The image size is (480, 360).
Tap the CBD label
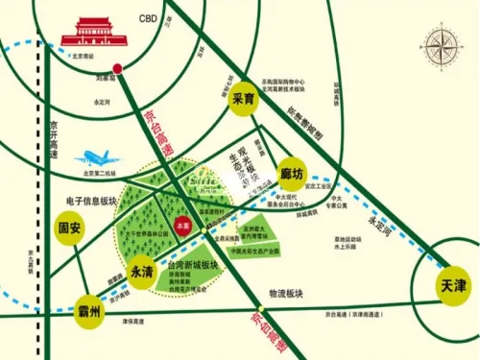coord(148,18)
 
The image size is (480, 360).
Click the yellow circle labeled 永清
coord(142,271)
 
